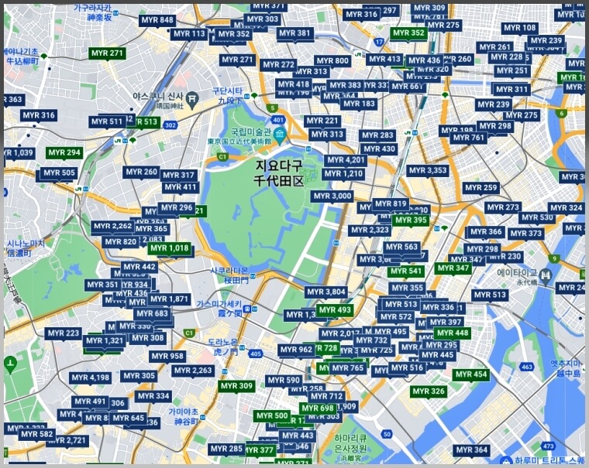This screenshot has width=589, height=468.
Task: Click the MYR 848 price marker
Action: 157,20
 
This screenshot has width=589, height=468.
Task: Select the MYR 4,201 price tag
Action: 345,160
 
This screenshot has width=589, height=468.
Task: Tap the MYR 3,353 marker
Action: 428,170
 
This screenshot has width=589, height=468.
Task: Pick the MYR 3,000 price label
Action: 332,196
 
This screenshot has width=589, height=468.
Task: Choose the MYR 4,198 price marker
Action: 91,377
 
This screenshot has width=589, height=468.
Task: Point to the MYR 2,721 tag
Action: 67,441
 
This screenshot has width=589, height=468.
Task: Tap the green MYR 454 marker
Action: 471,374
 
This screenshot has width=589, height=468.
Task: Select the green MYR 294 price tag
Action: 64,153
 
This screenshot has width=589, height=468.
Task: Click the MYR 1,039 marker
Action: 17,153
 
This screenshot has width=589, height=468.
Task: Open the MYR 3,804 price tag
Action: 325,292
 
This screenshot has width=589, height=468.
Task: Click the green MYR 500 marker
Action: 271,415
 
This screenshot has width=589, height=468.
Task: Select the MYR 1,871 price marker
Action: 170,299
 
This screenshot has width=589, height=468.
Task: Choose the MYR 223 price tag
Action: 64,333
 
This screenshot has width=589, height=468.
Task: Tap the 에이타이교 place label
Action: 517,272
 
